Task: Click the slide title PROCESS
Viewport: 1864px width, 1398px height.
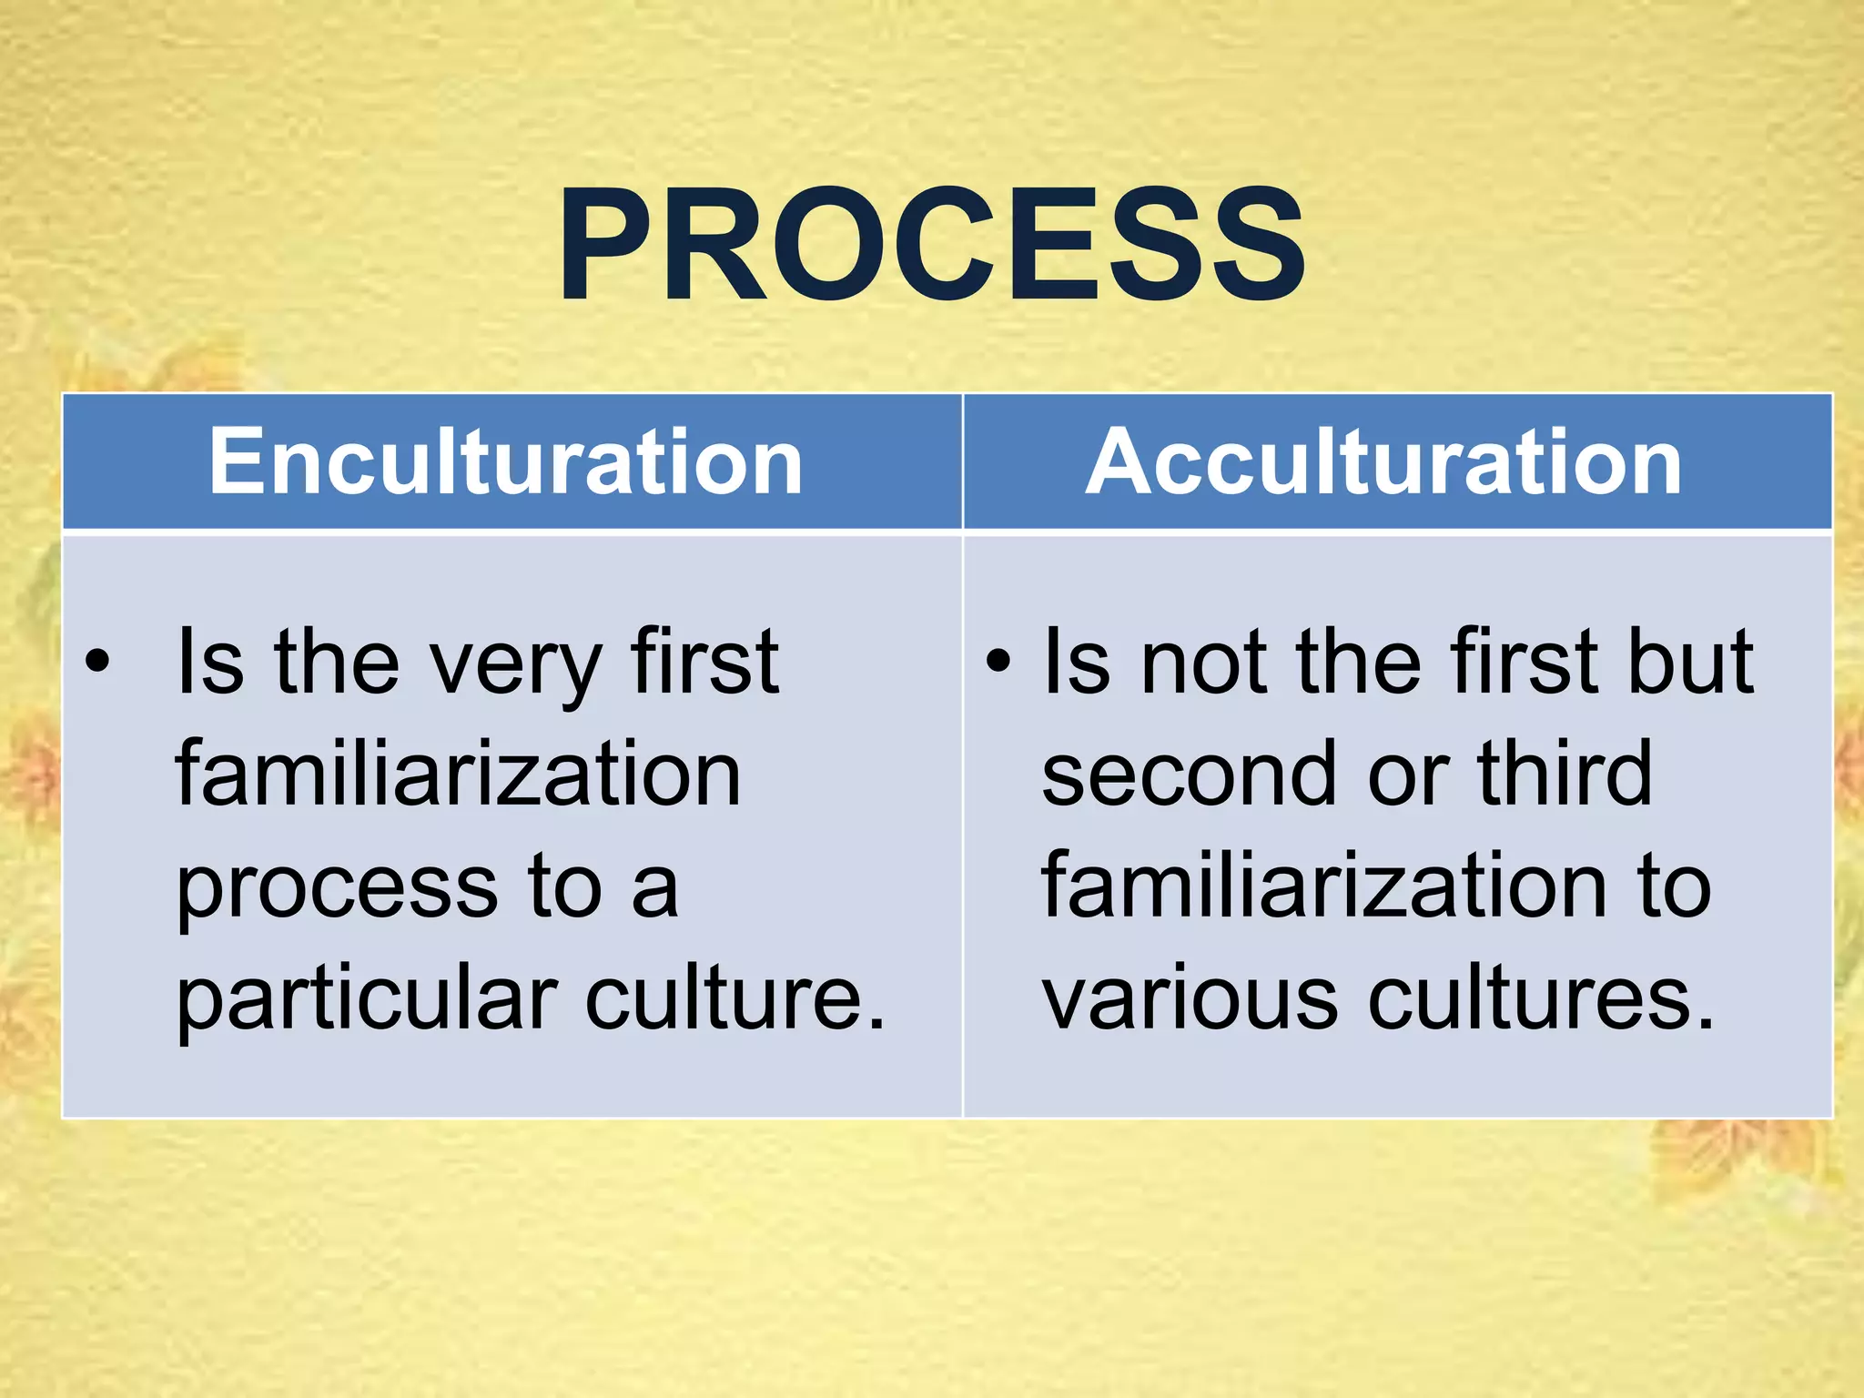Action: [931, 244]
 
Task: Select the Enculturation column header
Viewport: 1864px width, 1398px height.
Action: [506, 461]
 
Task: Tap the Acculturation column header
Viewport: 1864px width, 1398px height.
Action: [1383, 461]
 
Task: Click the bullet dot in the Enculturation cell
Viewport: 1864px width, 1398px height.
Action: [97, 662]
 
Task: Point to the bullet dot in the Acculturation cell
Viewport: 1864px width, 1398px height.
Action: [998, 662]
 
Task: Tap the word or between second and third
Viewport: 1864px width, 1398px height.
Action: [1408, 775]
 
